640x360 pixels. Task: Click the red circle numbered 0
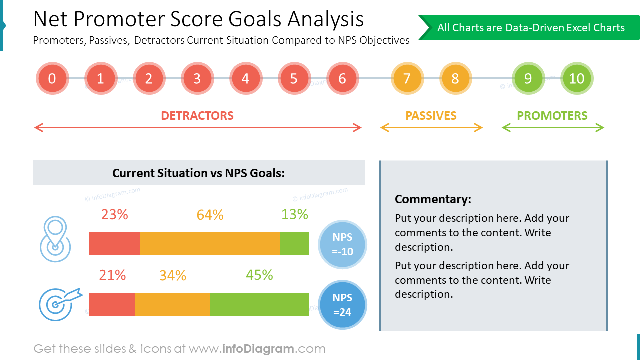point(52,78)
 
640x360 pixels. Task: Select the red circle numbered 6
point(342,78)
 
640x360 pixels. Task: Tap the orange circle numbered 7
point(407,78)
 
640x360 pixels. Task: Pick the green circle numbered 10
point(576,78)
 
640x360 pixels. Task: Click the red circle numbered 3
point(197,78)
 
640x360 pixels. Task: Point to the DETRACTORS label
point(197,116)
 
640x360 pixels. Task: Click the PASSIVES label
point(431,116)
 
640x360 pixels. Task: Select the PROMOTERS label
point(552,116)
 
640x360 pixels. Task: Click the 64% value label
point(210,215)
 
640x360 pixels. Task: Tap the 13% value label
point(294,214)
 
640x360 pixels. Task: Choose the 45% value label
point(259,275)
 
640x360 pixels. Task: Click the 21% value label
point(112,275)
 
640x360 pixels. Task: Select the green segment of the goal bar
point(259,304)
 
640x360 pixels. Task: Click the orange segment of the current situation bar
point(210,243)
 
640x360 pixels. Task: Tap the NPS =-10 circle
point(342,244)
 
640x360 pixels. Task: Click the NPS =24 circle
point(342,305)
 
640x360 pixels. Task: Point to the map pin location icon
point(55,239)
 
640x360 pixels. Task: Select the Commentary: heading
point(433,199)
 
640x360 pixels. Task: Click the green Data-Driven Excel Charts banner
point(530,28)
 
